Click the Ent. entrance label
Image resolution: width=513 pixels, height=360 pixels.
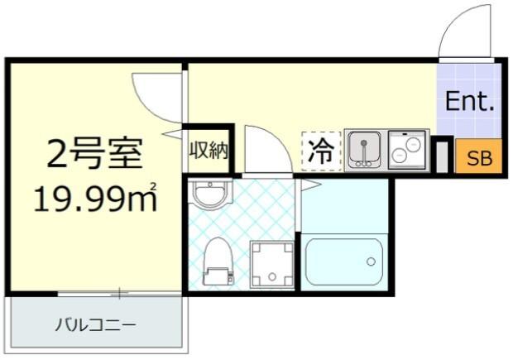click(469, 103)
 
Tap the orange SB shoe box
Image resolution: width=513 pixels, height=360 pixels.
click(479, 159)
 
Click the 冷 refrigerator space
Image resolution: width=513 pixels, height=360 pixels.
click(320, 151)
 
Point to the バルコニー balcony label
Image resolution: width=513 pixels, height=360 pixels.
click(95, 324)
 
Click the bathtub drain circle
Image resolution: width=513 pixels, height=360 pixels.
click(371, 262)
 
